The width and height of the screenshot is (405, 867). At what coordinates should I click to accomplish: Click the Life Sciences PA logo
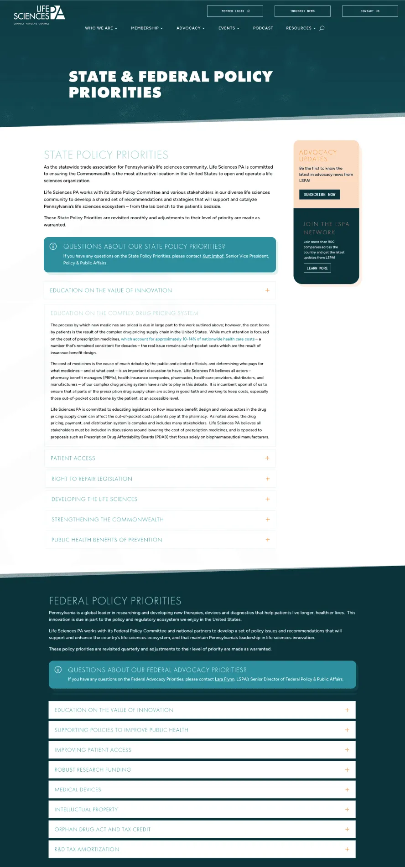39,14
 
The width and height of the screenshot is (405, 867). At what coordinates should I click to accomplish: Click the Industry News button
302,11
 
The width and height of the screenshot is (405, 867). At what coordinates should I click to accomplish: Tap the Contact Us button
369,11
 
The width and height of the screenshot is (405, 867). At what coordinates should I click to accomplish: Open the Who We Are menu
101,28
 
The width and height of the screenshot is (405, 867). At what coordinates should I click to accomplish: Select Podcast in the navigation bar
263,28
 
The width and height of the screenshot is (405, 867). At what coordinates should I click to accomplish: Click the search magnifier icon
322,28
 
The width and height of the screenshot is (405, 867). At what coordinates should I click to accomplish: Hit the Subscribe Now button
319,195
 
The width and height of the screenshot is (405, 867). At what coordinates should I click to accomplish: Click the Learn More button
317,268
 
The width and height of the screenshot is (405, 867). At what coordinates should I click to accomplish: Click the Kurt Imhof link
213,256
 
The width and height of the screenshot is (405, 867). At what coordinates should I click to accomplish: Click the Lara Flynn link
225,679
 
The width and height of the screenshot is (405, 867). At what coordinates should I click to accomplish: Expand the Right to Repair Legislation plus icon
268,479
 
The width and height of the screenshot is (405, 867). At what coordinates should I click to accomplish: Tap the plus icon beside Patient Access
267,459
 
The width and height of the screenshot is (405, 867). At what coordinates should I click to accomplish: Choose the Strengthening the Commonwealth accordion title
108,520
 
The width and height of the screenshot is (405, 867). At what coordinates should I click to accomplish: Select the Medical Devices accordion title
78,790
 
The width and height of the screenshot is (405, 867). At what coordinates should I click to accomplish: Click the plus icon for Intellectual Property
347,810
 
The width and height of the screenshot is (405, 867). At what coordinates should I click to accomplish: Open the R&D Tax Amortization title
87,850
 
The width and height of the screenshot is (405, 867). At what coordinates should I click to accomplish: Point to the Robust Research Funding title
93,770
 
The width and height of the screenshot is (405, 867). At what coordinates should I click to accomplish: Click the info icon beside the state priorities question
53,247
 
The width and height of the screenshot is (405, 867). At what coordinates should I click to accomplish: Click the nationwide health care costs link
188,339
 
